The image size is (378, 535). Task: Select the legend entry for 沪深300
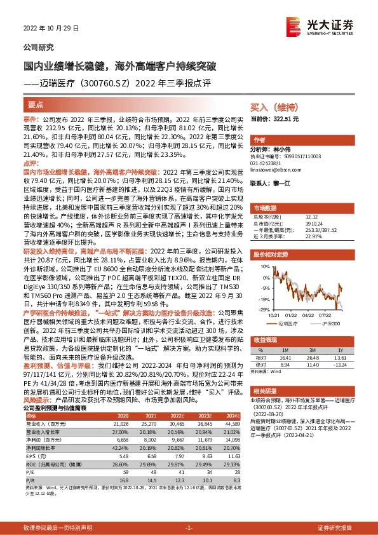(332, 323)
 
